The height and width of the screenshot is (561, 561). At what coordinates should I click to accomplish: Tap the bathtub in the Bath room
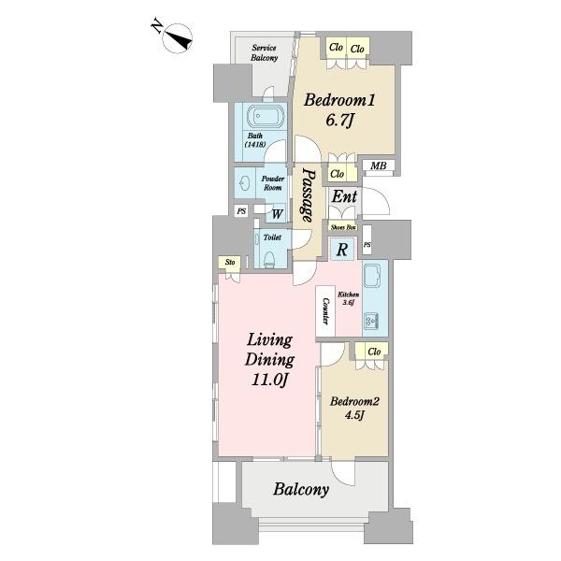point(266,116)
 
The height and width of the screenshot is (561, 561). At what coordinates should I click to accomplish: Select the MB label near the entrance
point(378,165)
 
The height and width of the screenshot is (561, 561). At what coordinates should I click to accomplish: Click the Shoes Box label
point(343,227)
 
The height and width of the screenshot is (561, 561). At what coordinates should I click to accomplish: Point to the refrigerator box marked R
point(342,249)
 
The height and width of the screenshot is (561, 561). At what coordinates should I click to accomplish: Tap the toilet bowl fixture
point(269,259)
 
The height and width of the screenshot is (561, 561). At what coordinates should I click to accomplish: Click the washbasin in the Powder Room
point(244,184)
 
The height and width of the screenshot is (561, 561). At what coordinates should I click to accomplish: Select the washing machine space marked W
point(277,214)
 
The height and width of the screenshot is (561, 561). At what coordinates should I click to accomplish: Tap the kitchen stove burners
point(371,321)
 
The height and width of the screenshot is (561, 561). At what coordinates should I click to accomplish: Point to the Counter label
point(325,311)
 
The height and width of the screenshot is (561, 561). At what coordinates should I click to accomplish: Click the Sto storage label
point(230,262)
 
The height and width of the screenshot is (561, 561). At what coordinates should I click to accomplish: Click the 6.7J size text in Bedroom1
point(339,121)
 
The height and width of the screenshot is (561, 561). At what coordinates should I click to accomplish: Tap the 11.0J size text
point(270,380)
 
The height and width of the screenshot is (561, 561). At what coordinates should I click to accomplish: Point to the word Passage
point(308,194)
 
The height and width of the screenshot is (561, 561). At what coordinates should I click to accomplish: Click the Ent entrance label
point(344,196)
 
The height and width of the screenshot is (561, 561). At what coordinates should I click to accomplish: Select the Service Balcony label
point(264,52)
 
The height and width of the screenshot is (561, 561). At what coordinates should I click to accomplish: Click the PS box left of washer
point(241,211)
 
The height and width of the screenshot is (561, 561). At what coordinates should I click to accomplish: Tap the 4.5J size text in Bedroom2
point(354,416)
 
